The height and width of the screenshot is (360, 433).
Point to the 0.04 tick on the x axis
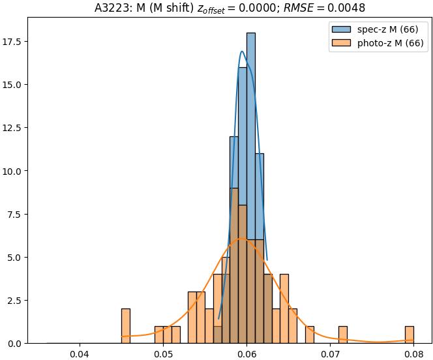pyautogui.click(x=80, y=354)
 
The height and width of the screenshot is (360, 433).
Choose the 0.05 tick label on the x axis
pyautogui.click(x=163, y=354)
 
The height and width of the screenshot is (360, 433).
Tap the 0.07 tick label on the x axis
pyautogui.click(x=330, y=354)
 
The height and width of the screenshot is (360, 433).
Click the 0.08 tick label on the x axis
pyautogui.click(x=413, y=354)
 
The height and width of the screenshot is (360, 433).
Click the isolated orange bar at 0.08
pyautogui.click(x=410, y=335)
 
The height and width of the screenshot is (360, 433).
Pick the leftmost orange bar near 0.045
pyautogui.click(x=126, y=326)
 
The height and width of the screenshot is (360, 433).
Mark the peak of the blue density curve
pyautogui.click(x=242, y=52)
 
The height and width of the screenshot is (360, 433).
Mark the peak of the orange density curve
pyautogui.click(x=242, y=238)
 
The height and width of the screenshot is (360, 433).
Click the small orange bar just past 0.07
pyautogui.click(x=343, y=335)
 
